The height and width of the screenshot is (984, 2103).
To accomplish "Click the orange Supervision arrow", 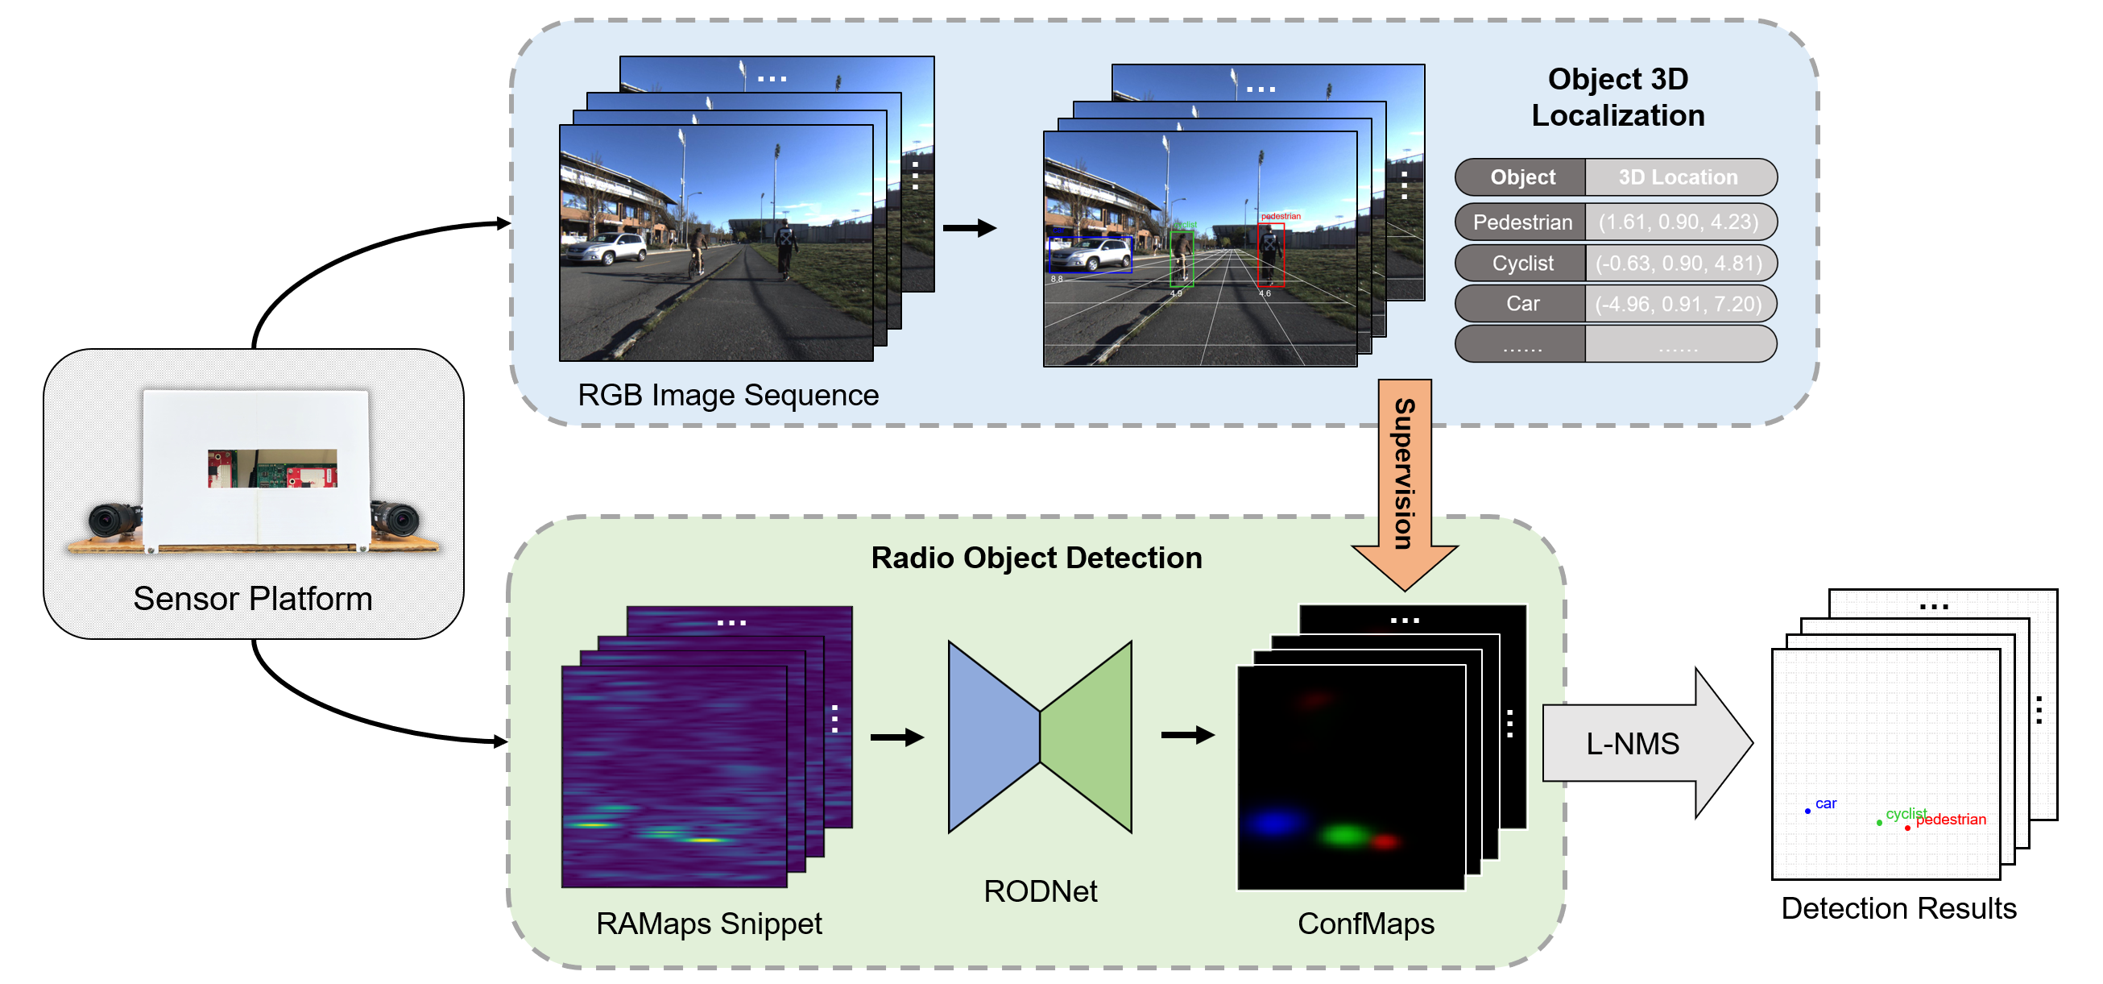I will (1404, 474).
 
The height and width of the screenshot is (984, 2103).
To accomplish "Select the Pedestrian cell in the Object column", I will (1521, 222).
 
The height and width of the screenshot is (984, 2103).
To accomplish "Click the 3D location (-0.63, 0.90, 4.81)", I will (1679, 263).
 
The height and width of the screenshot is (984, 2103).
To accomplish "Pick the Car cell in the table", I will (1521, 304).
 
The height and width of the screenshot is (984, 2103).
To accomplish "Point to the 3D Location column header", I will (1679, 177).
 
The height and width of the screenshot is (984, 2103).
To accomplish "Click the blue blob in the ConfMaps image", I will (1273, 822).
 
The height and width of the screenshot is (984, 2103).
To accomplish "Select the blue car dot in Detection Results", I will (1807, 811).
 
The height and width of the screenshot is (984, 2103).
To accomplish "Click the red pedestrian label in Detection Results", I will (1951, 819).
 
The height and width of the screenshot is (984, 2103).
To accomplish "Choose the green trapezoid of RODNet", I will (1087, 737).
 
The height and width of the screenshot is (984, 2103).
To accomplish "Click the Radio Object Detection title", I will (1036, 558).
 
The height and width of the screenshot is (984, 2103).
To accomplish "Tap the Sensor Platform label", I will (252, 599).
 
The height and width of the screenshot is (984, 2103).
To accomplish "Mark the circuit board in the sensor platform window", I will (273, 469).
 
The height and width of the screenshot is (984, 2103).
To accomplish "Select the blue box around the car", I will (1090, 255).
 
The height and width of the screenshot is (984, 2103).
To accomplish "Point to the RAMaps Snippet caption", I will (709, 924).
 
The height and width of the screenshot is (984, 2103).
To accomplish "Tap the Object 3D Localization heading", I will (1617, 98).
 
